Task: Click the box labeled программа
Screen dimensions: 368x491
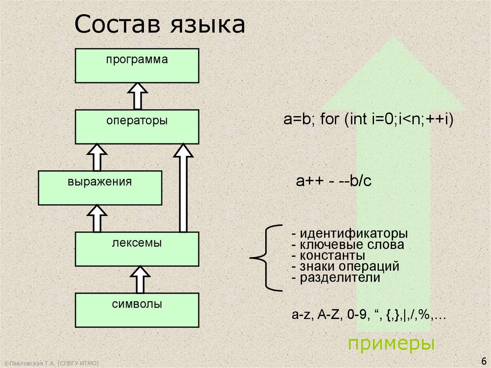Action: click(137, 65)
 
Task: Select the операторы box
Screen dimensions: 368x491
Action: click(137, 127)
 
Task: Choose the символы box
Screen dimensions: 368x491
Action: click(137, 310)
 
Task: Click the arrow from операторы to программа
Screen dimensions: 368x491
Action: click(137, 96)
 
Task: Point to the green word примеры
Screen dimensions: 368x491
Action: click(391, 344)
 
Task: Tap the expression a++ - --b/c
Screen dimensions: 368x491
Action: click(334, 181)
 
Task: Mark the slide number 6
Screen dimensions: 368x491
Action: click(482, 361)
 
